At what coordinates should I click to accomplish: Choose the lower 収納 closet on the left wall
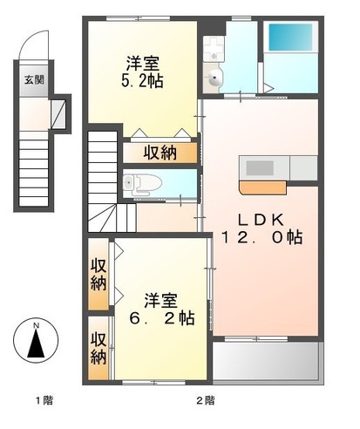point(98,347)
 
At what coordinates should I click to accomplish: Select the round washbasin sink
point(215,81)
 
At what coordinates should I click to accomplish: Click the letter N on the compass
point(36,327)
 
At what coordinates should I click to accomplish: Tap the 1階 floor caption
point(44,400)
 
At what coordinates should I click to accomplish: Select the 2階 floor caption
point(205,400)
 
